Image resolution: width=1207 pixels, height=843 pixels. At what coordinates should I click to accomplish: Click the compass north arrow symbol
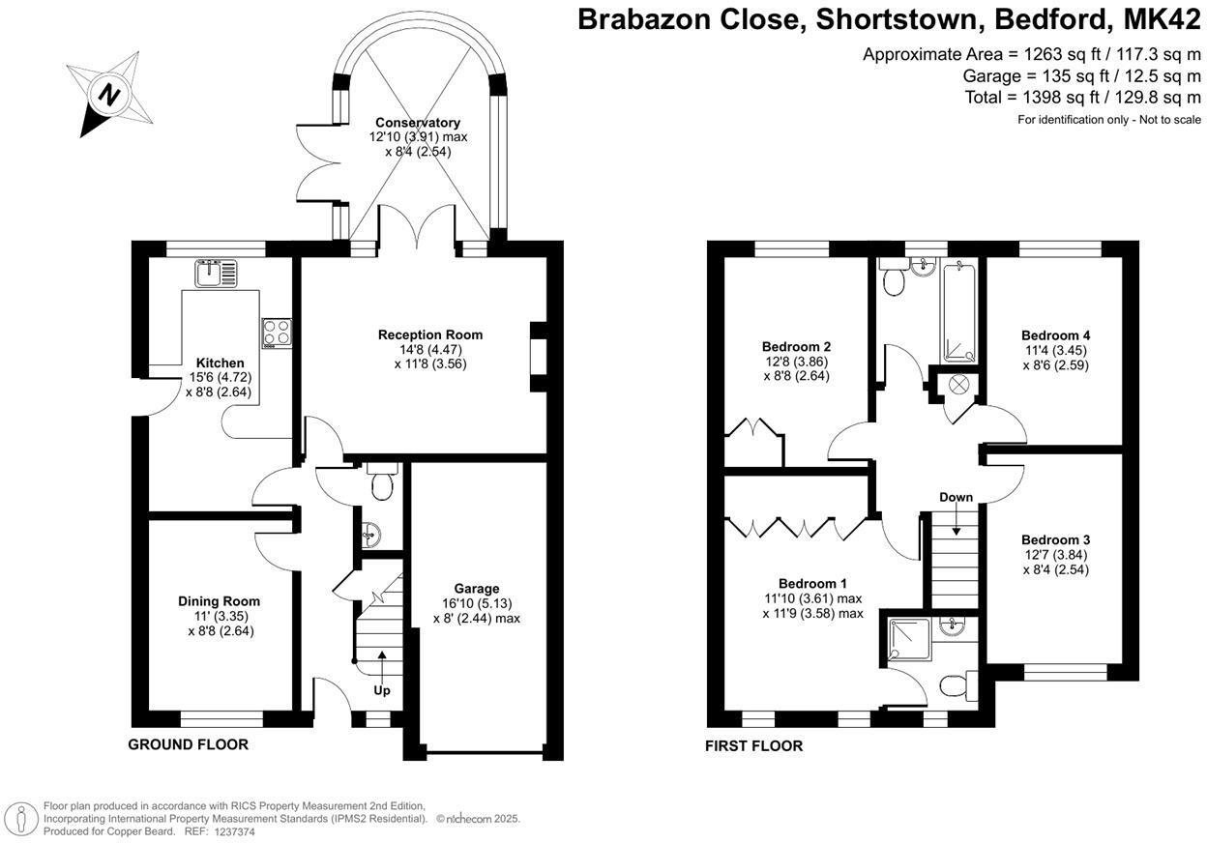pyautogui.click(x=109, y=95)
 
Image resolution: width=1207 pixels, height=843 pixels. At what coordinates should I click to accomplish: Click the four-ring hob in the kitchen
pyautogui.click(x=276, y=333)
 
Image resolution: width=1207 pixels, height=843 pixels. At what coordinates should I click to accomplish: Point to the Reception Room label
pyautogui.click(x=429, y=335)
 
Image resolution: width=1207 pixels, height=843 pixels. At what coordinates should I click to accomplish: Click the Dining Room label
pyautogui.click(x=219, y=601)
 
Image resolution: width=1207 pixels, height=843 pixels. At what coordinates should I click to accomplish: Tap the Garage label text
pyautogui.click(x=477, y=589)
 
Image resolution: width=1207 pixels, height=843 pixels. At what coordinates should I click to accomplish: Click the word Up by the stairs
pyautogui.click(x=382, y=690)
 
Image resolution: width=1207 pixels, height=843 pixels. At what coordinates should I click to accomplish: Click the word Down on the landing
pyautogui.click(x=956, y=497)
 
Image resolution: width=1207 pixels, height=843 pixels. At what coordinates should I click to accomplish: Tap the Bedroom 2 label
pyautogui.click(x=796, y=346)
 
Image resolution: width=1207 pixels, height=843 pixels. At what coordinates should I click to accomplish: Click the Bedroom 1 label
pyautogui.click(x=812, y=584)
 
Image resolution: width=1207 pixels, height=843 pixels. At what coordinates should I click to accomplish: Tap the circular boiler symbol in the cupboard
pyautogui.click(x=958, y=384)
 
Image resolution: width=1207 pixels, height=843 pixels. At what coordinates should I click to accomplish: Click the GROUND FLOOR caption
pyautogui.click(x=189, y=744)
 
